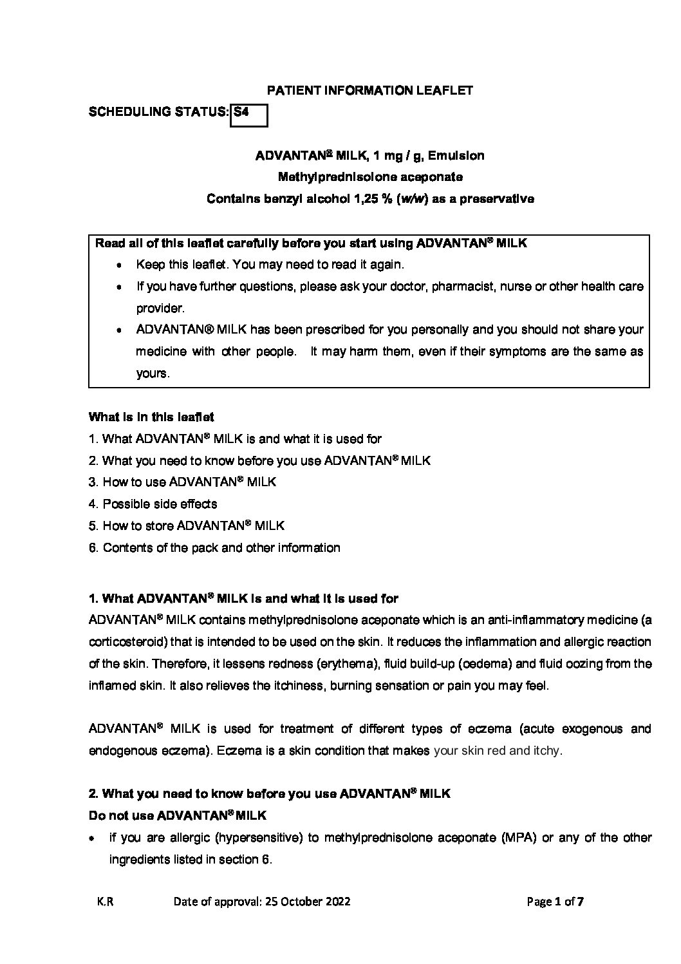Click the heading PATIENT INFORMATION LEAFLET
tap(369, 90)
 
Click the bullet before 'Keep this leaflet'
tap(119, 265)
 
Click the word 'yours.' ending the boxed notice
tap(153, 373)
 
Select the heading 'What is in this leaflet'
tap(151, 417)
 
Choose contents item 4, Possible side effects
tap(153, 504)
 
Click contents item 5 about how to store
tap(187, 525)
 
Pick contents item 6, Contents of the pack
tap(214, 547)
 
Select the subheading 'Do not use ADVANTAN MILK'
tap(177, 816)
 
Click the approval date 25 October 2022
tap(306, 902)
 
